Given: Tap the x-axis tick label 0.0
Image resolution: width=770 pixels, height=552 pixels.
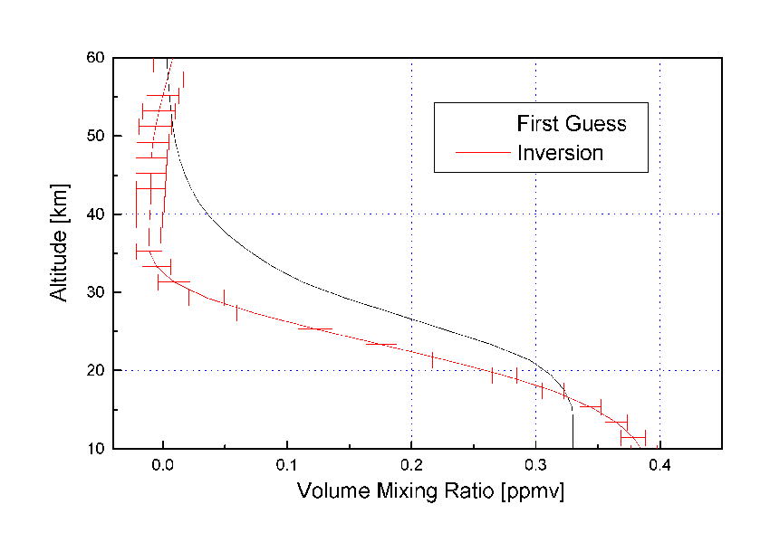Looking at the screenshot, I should (x=163, y=469).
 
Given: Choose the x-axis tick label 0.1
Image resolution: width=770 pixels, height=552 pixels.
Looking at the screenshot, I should (x=287, y=469).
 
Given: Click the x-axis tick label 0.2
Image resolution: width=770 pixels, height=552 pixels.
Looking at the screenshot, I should (x=411, y=469).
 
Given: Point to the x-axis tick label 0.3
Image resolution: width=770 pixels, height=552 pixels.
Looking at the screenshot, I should (x=535, y=469).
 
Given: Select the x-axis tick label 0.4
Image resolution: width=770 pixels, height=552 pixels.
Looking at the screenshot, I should (x=659, y=469).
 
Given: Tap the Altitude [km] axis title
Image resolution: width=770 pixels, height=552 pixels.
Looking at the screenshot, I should (x=60, y=253).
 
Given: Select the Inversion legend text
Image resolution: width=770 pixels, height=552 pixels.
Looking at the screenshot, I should (x=560, y=152).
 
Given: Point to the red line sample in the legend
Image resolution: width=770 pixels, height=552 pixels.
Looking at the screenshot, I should (x=474, y=152).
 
